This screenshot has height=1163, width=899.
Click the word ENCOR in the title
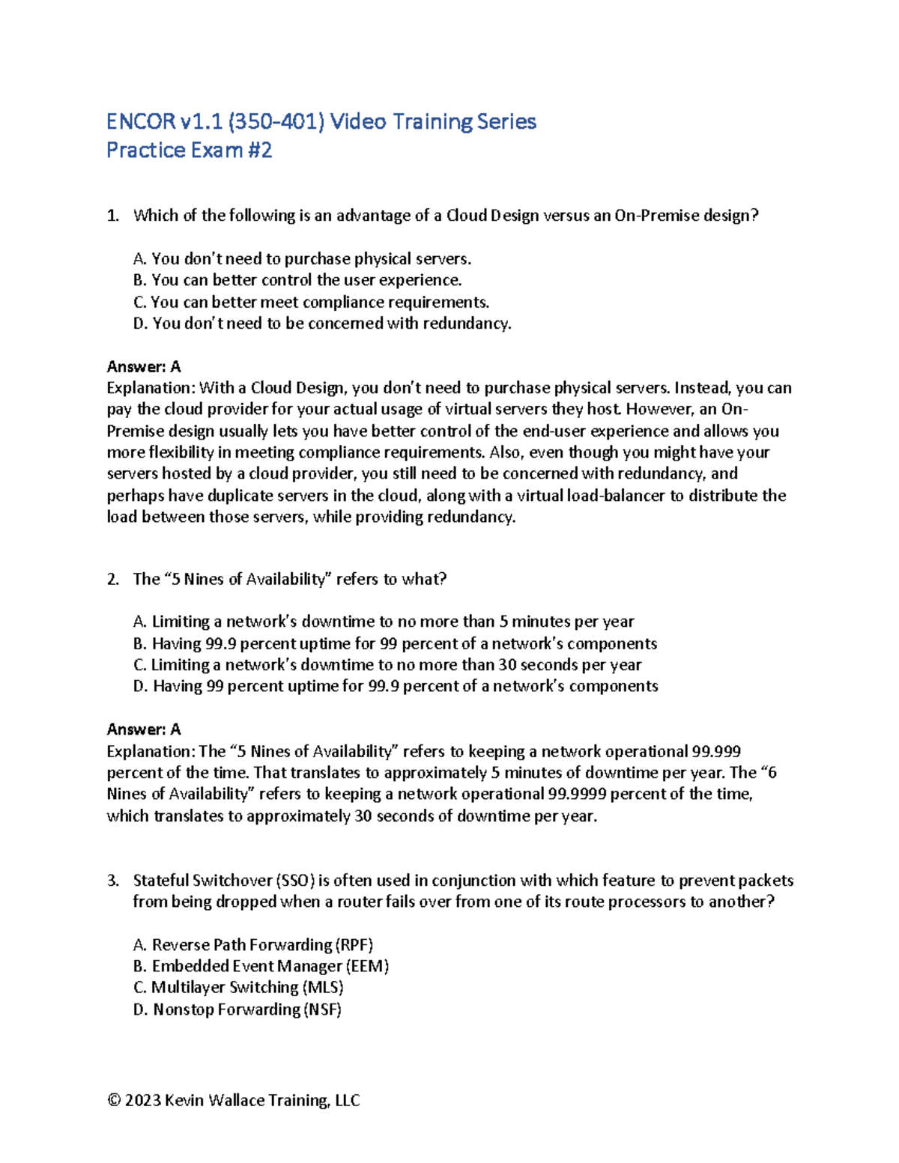coord(141,121)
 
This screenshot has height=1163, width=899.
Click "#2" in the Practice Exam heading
coord(259,151)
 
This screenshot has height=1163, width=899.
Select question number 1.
coord(112,216)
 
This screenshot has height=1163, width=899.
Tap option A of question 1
coord(303,259)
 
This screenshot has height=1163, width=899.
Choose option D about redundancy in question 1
coord(323,324)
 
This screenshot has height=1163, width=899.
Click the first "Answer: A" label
coord(144,366)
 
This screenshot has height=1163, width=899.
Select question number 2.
coord(112,579)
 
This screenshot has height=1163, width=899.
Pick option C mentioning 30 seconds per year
coord(387,665)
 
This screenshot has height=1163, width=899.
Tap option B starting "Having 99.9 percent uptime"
coord(395,643)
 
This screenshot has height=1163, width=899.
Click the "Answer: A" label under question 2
coord(144,729)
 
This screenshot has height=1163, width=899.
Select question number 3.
coord(112,881)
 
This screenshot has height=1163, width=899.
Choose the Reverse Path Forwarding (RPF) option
coord(253,945)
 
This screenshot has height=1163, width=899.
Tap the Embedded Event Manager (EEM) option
coord(261,966)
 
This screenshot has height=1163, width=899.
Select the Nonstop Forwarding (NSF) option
coord(237,1009)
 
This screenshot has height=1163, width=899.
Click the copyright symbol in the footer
coord(114,1100)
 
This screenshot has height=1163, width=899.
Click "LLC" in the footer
coord(347,1100)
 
